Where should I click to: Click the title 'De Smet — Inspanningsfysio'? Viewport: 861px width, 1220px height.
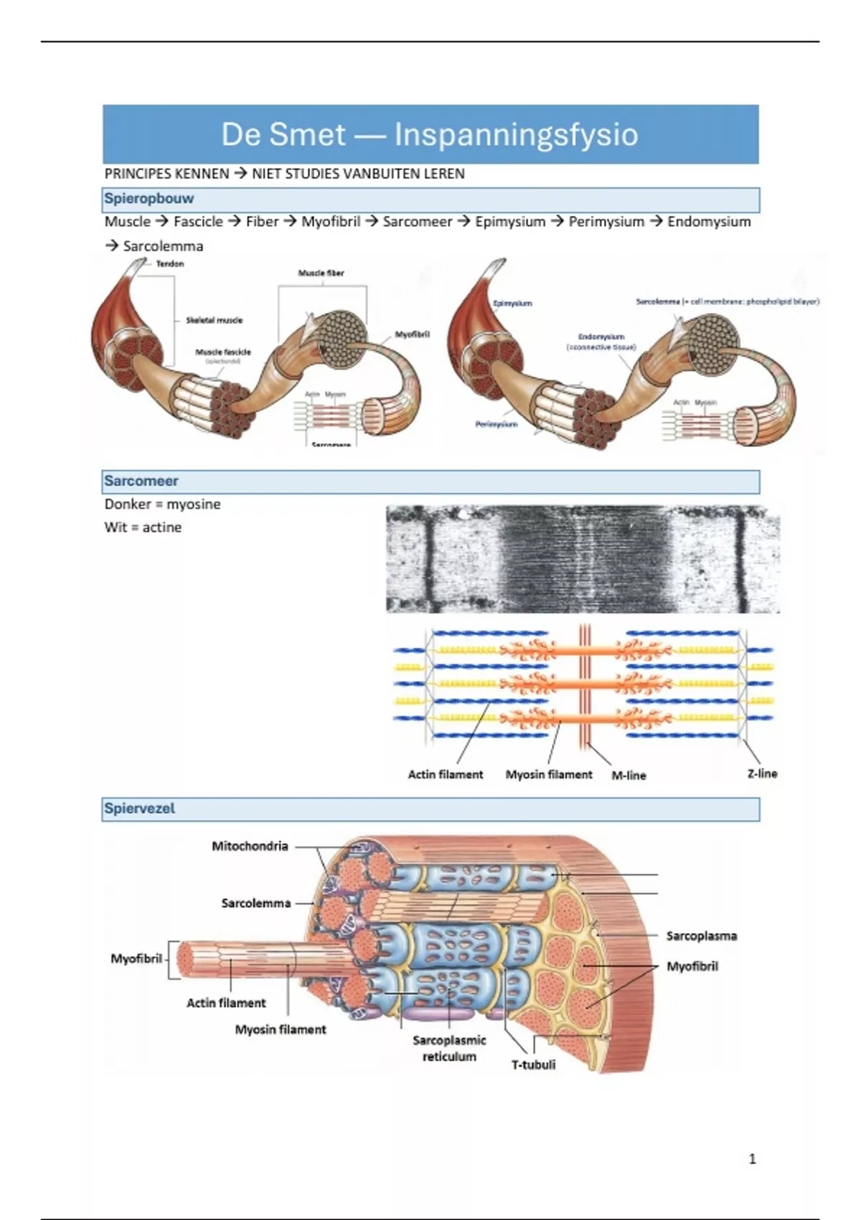[429, 134]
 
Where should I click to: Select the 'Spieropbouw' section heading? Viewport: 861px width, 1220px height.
[149, 199]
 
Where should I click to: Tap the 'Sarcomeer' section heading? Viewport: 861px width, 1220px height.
[141, 481]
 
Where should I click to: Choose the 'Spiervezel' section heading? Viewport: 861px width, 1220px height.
[139, 808]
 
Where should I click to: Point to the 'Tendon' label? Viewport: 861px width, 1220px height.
[170, 264]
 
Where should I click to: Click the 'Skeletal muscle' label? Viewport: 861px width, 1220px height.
[214, 320]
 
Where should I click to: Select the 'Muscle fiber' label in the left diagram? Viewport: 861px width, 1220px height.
[321, 273]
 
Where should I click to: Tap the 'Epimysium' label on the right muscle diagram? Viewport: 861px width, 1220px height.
[512, 304]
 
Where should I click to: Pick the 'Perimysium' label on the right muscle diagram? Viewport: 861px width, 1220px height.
[496, 424]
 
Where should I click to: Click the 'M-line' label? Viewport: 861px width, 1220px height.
[629, 775]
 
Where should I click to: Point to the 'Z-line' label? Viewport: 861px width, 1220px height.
[762, 774]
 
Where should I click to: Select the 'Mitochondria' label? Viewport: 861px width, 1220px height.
[250, 846]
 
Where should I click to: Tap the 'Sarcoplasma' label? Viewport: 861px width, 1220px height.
[701, 936]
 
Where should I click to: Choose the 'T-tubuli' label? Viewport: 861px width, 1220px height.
[533, 1064]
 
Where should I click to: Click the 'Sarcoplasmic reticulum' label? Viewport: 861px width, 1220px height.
[449, 1048]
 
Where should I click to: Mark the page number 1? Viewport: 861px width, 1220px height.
[752, 1158]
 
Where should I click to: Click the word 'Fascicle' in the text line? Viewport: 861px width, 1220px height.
[198, 222]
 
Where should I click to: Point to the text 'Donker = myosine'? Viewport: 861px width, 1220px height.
[162, 504]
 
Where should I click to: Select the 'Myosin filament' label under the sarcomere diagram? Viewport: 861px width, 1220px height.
[549, 774]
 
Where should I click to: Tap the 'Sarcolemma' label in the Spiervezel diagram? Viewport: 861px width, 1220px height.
[256, 903]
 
